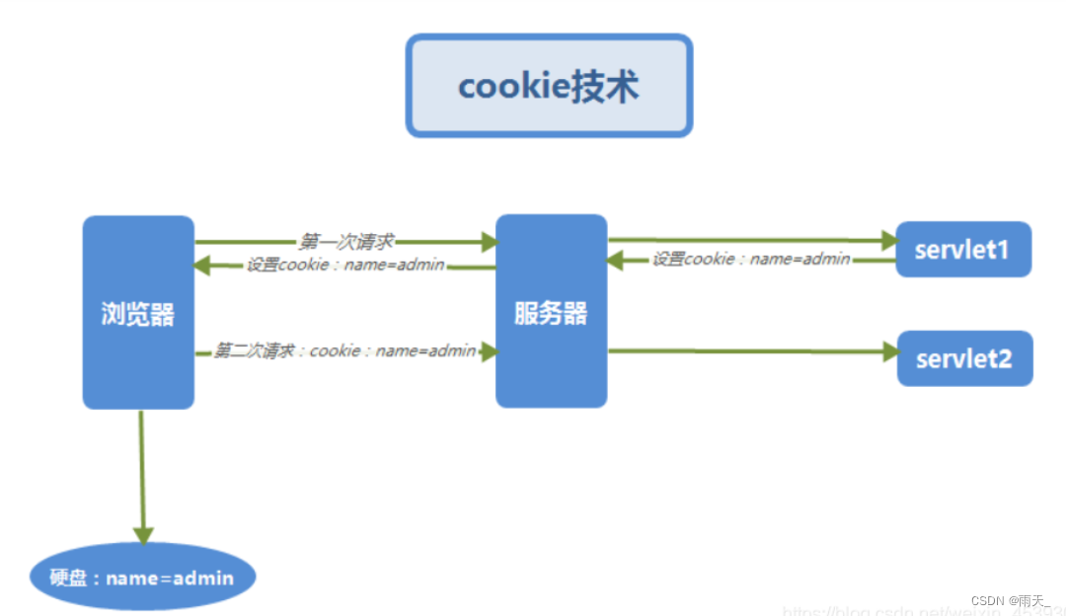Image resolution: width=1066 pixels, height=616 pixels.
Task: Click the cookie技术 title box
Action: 549,86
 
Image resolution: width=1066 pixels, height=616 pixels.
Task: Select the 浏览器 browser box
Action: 138,313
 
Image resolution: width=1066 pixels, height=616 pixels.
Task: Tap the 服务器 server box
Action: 551,312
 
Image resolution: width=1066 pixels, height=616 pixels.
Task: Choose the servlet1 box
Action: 962,249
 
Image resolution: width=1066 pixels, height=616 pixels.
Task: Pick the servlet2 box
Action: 963,357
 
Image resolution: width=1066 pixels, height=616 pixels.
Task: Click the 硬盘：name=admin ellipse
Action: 142,577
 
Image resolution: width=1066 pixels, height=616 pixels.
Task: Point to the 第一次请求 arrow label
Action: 346,241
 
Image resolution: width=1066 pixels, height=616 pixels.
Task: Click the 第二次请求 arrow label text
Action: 344,350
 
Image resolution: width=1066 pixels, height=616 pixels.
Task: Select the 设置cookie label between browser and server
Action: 345,265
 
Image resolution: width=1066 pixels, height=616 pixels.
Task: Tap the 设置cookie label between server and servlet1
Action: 751,259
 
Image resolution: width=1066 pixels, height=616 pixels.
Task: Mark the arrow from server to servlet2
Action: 750,349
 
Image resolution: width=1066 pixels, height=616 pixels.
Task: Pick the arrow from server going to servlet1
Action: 750,239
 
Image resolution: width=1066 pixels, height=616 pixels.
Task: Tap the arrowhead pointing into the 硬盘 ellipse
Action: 144,534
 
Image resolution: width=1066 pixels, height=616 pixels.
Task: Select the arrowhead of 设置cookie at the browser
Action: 203,265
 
